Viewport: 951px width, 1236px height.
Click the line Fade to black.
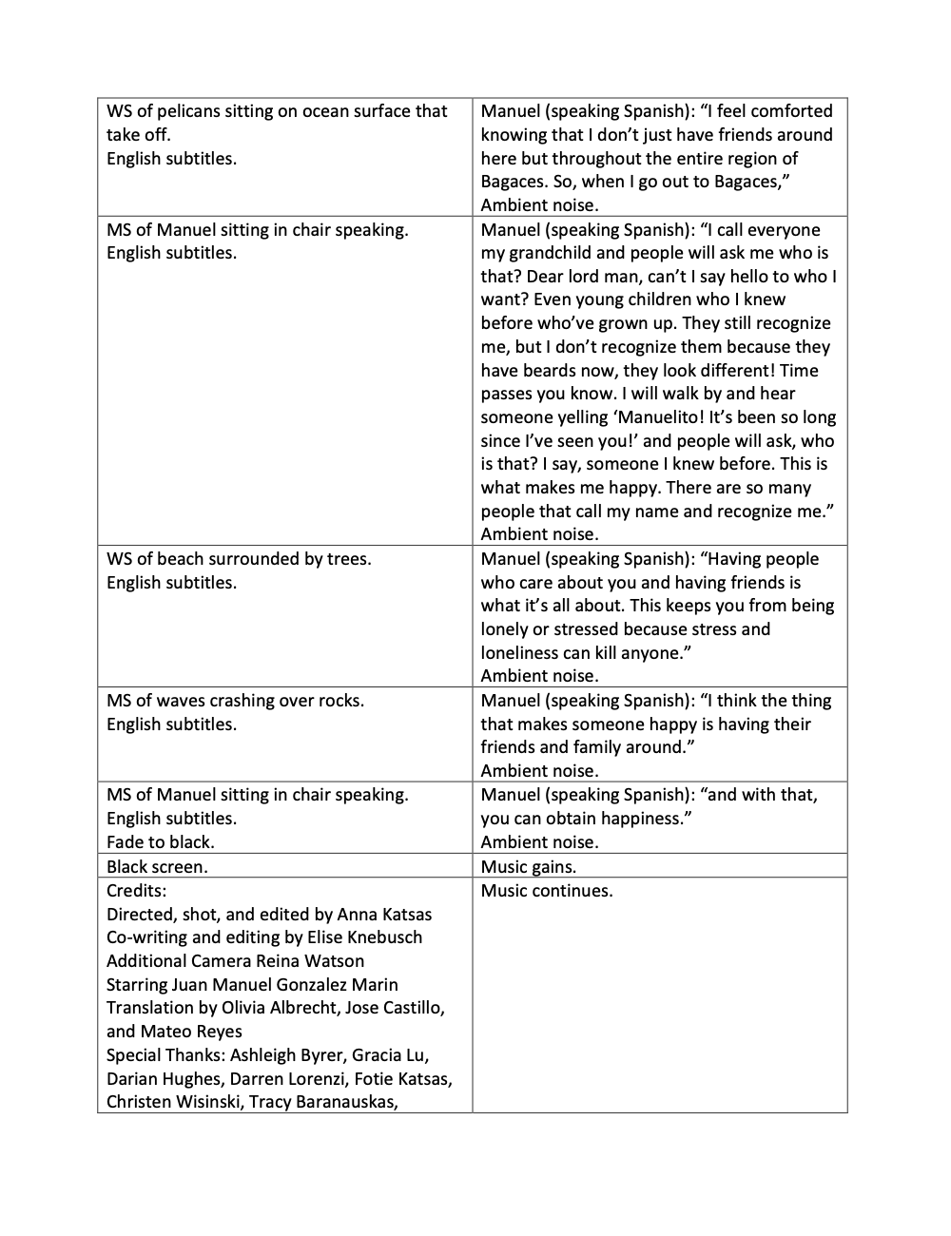161,842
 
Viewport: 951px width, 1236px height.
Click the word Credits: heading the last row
136,891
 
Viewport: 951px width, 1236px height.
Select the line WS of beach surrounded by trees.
239,559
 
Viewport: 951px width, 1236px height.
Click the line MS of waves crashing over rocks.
235,701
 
